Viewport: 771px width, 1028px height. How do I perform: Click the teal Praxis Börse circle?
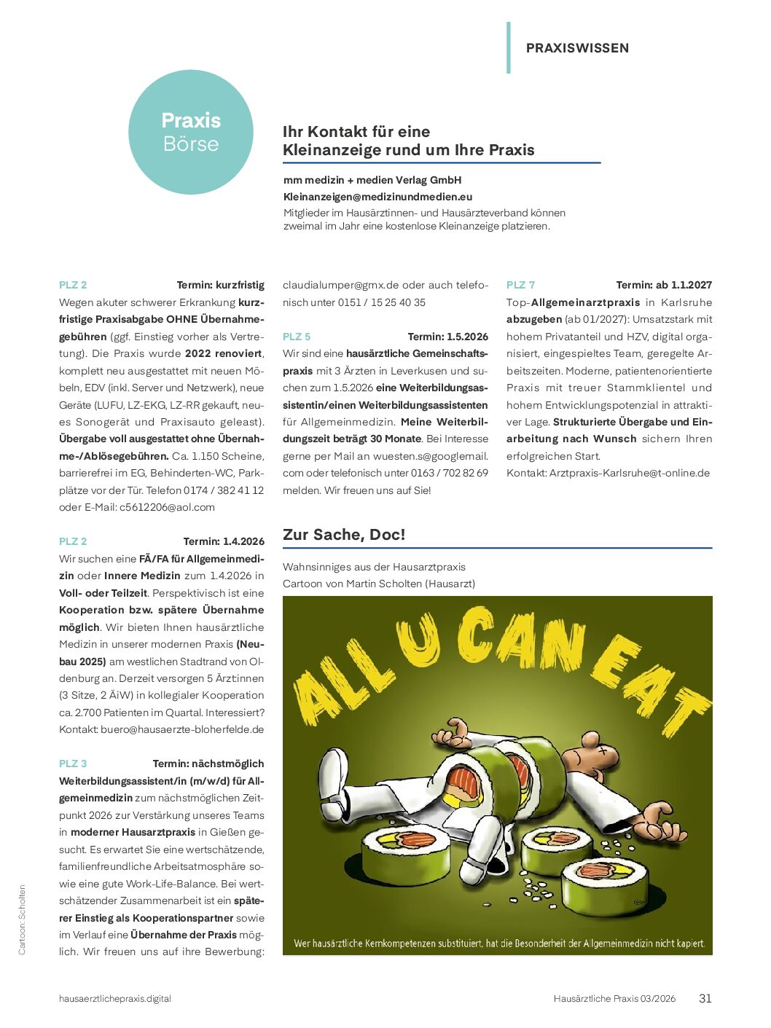[191, 132]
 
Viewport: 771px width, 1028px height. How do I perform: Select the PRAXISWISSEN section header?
[577, 48]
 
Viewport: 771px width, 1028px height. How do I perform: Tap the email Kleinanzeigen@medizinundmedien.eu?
[377, 197]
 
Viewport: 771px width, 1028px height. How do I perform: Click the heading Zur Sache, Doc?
[344, 535]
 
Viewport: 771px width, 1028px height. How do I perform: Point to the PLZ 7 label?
[520, 285]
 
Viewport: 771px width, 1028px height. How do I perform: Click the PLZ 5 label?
[297, 337]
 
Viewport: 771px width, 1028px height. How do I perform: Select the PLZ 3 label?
[73, 764]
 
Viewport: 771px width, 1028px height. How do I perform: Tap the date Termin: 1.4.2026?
[224, 541]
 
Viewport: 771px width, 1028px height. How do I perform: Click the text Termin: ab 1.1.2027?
[664, 285]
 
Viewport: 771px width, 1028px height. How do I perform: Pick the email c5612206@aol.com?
[167, 507]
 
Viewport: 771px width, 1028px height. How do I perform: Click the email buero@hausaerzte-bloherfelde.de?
[182, 729]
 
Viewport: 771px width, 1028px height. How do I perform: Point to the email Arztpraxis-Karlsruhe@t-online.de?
[630, 473]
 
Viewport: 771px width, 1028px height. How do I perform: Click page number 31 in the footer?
[705, 999]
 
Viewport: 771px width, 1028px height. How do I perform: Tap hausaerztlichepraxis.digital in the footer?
[115, 999]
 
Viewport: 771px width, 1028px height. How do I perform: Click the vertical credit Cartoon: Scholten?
[22, 919]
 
